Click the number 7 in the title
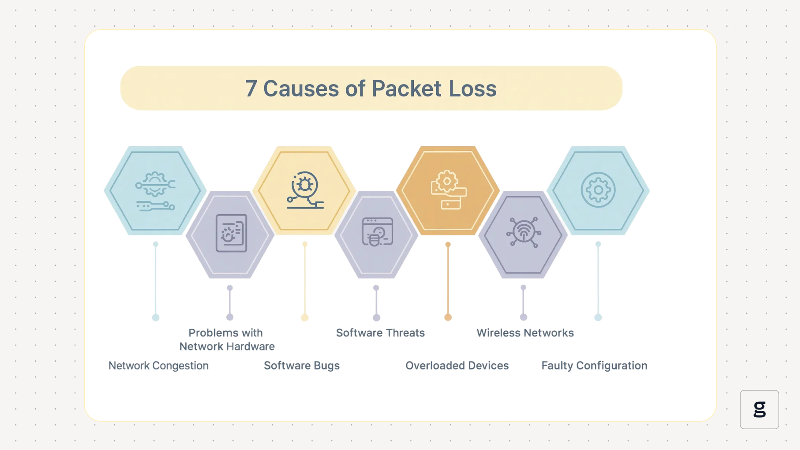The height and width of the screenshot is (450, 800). [x=251, y=89]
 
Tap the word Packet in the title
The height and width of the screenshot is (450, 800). [x=406, y=89]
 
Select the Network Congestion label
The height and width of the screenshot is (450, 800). [x=158, y=365]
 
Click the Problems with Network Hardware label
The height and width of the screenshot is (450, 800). [x=227, y=340]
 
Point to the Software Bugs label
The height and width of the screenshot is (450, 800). [x=302, y=365]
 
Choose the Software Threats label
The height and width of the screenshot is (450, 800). [x=380, y=333]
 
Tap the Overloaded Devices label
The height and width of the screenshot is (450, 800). [x=457, y=365]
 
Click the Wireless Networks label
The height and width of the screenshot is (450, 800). [x=525, y=333]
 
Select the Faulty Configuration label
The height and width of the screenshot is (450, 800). [x=594, y=365]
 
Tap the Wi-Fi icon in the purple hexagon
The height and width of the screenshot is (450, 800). [x=524, y=232]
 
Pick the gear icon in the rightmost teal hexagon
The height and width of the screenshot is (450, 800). [x=598, y=190]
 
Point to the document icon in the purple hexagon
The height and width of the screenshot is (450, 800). [x=231, y=233]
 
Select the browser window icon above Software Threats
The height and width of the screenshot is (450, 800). [x=377, y=232]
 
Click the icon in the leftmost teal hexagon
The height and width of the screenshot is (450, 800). [x=155, y=191]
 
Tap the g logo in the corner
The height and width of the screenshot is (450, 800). [x=759, y=409]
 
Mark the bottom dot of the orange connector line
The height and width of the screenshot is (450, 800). [x=448, y=317]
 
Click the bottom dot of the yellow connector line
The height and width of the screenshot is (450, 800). [x=305, y=318]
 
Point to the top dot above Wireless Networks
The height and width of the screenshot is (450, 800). [x=523, y=287]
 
